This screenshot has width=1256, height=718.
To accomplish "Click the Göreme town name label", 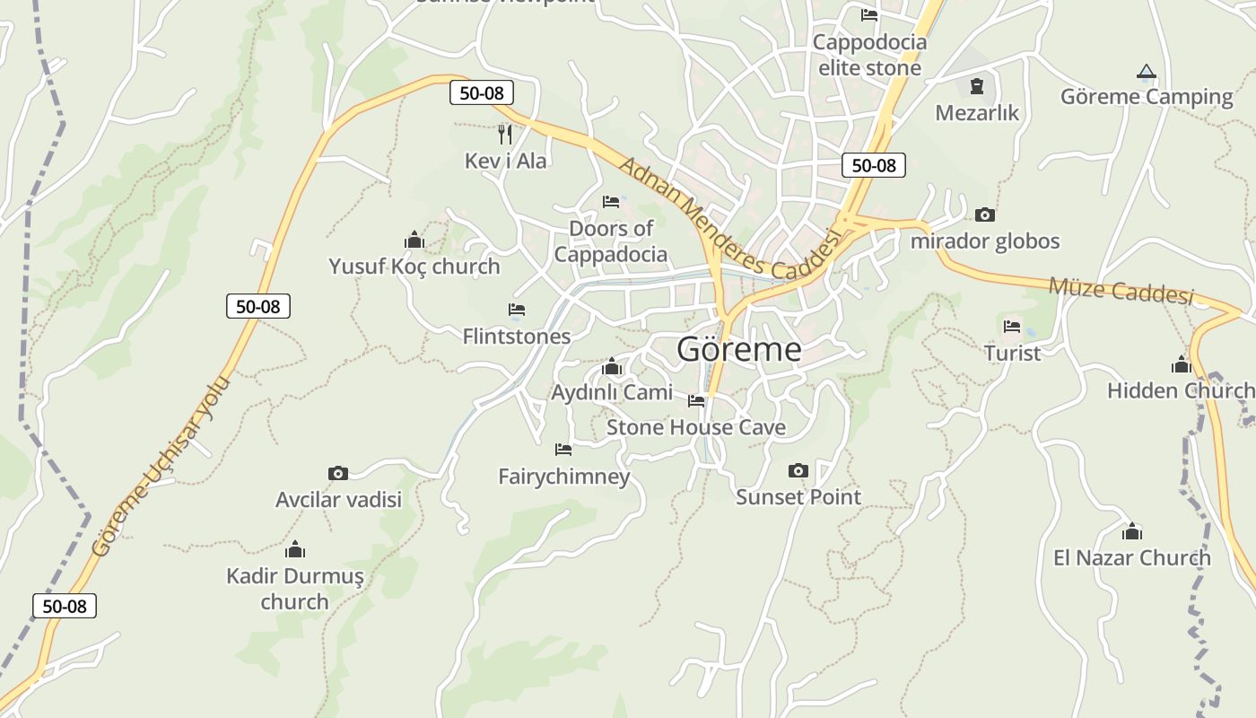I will point(738,348).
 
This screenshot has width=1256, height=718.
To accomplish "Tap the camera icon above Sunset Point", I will point(798,470).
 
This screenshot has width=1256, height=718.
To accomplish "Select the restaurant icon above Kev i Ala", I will point(505,134).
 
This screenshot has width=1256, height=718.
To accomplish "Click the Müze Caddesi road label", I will point(1121,290).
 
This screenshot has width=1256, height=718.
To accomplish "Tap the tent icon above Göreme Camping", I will point(1146,71).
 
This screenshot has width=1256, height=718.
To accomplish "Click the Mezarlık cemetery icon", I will point(976,86).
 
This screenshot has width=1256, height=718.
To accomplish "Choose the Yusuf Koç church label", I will point(414,267).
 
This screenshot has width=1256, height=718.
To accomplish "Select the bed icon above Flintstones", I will point(516,310).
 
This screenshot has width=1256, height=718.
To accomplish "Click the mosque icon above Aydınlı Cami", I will point(612,366).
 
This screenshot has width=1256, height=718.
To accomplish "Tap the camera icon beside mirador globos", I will point(984,215).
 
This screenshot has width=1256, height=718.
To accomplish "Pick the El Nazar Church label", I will point(1131,557).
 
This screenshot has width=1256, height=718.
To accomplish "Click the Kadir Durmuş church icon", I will point(294,549).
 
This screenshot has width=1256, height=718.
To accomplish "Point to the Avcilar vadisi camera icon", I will point(337,473).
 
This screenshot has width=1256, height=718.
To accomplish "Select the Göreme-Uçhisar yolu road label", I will point(161,467).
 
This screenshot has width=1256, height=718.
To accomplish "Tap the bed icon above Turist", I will point(1012,327).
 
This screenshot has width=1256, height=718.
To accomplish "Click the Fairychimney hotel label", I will point(564,476).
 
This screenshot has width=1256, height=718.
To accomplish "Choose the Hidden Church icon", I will point(1181,364).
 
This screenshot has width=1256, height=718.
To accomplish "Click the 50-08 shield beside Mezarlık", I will point(873,165).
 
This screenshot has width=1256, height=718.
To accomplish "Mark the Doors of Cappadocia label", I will point(611,241).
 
